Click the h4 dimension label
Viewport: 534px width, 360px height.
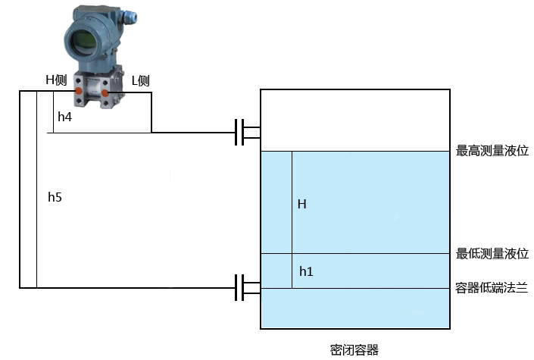[65, 117]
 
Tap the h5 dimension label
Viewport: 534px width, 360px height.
[55, 197]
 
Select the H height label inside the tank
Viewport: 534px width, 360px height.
[301, 204]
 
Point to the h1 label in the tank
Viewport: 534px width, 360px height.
[305, 271]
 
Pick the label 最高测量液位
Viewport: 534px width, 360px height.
[492, 152]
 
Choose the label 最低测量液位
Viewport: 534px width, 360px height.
[492, 253]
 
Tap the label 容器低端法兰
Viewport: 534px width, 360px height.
[492, 287]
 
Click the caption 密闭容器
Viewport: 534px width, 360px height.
[354, 349]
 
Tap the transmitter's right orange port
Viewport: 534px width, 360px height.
[106, 93]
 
